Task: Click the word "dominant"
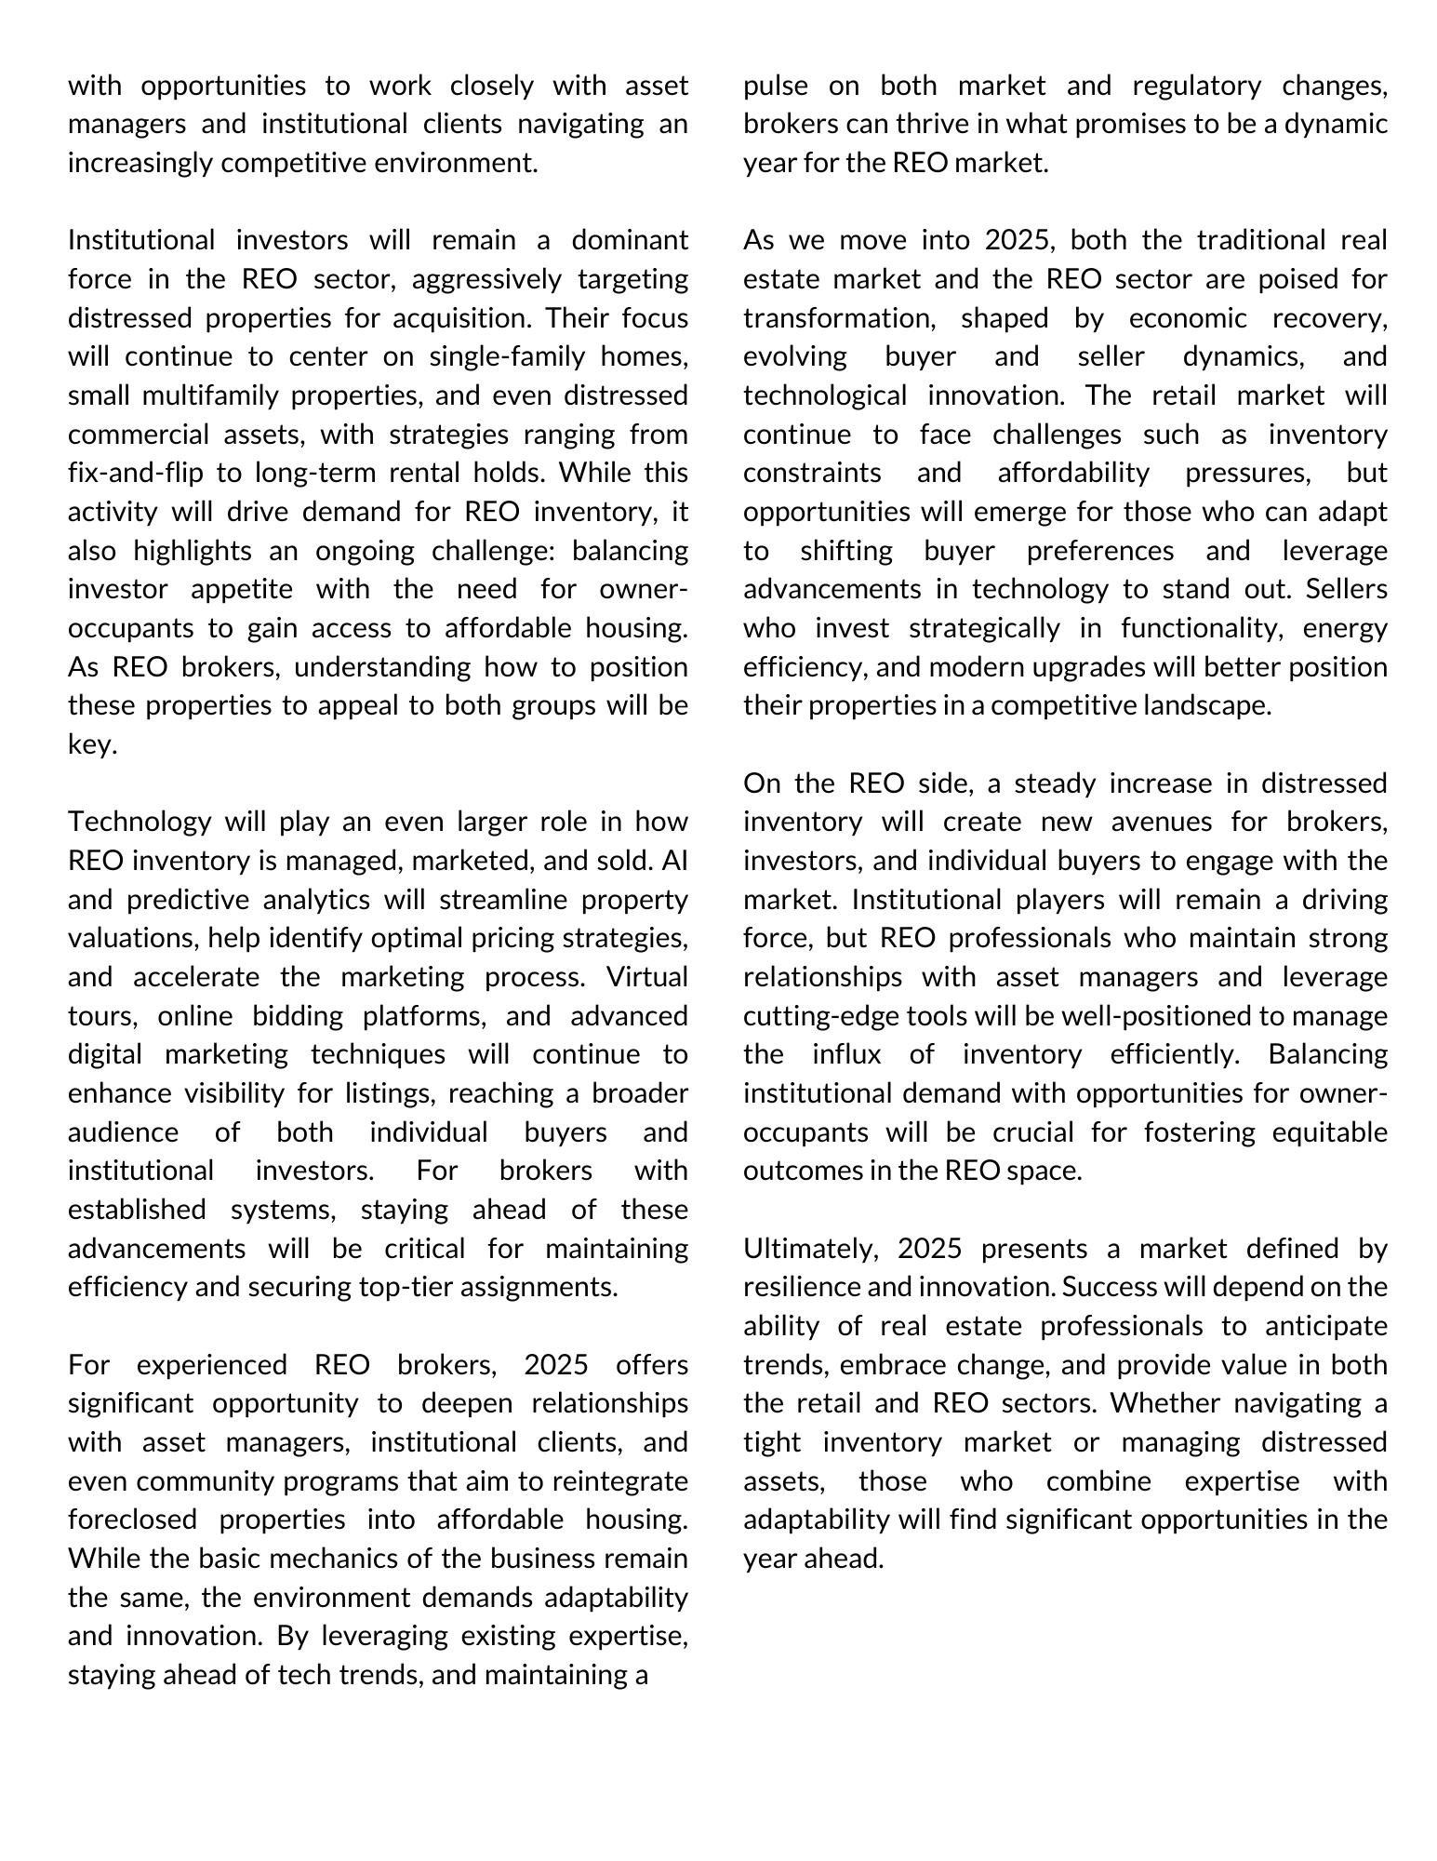coord(629,240)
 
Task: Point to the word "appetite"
coord(242,589)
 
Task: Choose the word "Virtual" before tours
coord(646,977)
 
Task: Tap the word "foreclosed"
coord(132,1520)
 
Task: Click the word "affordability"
coord(1073,473)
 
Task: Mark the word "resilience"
coord(802,1287)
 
